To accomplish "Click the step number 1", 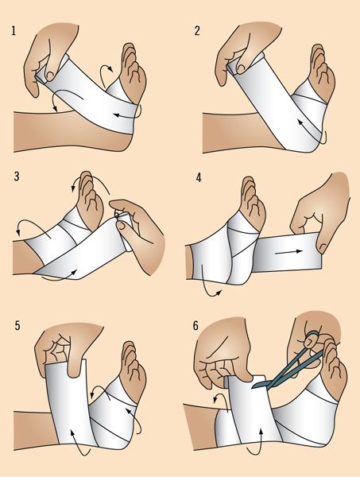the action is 14,31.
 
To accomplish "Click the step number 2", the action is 197,31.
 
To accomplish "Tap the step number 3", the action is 17,176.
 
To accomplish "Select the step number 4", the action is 199,177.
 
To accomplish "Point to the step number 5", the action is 17,326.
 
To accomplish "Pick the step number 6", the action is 195,326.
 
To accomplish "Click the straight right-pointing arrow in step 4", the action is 288,252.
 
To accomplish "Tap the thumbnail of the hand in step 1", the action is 48,74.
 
